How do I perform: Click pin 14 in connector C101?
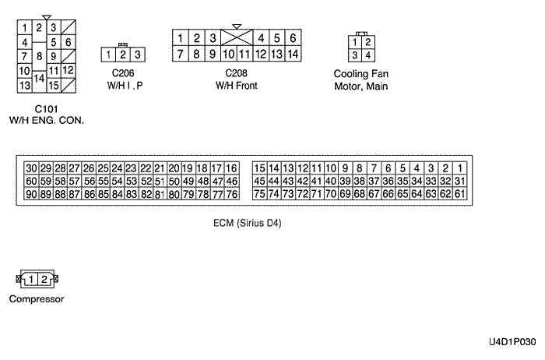coord(40,78)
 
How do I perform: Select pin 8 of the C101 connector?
coord(40,56)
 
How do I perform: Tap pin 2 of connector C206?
coord(123,55)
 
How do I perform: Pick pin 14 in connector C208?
coord(293,54)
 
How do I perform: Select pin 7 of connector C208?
coord(181,54)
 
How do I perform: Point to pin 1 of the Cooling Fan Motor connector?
coord(356,42)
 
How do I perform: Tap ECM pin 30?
coord(31,168)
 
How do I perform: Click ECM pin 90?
coord(31,193)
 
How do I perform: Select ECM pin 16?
coord(231,168)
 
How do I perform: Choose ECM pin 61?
coord(459,193)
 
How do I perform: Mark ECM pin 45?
coord(260,181)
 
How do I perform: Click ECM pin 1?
coord(460,168)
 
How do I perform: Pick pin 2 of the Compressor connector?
coord(44,279)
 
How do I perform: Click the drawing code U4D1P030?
coord(513,342)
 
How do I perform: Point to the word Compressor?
coord(36,298)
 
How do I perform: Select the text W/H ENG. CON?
coord(46,120)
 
